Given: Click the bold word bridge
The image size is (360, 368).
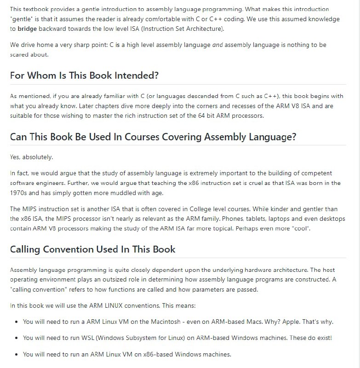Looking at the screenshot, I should tap(28, 29).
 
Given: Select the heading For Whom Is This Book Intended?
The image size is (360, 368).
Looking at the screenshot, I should tap(85, 75).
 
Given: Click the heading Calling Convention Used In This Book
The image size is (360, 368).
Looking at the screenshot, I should tap(93, 249).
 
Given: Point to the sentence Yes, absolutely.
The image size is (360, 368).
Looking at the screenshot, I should tap(32, 157).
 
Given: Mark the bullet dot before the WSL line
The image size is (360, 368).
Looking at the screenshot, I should tap(17, 338).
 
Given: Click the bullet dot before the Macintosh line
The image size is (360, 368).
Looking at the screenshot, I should tap(17, 322).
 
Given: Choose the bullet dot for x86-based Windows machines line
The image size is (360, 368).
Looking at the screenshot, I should tap(17, 354).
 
